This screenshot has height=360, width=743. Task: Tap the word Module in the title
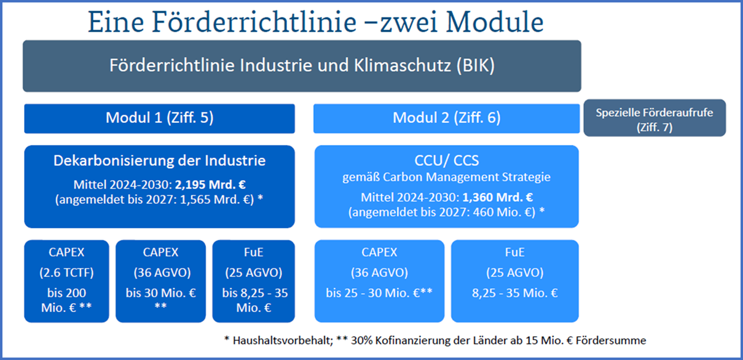pos(495,23)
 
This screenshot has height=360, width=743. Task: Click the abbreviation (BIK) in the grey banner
pos(476,66)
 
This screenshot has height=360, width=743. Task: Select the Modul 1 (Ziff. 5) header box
pos(160,119)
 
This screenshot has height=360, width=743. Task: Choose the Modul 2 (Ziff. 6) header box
pos(446,119)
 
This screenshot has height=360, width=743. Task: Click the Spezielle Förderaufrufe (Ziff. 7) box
pos(655,118)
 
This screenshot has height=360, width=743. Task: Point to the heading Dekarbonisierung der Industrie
pos(160,161)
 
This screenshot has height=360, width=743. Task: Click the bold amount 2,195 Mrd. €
pos(210,185)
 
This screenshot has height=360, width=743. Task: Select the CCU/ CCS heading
pos(446,161)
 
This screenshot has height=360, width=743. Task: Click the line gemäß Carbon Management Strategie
pos(446,178)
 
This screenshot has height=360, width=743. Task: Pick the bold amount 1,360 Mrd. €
pos(498,198)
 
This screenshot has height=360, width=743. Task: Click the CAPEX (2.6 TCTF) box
pos(66,281)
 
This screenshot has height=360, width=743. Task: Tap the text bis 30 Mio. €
pos(161,293)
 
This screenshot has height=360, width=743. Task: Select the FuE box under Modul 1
pos(254,281)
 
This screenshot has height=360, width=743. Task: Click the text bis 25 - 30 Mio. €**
pos(379,293)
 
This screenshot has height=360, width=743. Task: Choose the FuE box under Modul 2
pos(515,281)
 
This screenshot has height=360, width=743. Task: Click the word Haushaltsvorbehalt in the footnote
pos(283,340)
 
